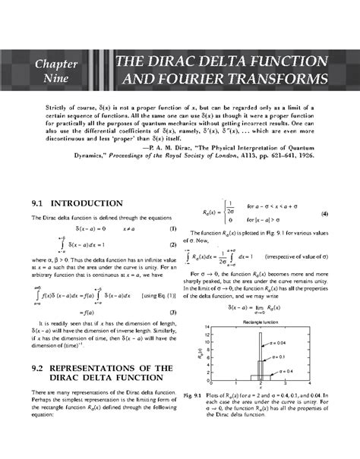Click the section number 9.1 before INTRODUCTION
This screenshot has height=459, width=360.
[39, 204]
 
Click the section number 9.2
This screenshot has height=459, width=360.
[39, 367]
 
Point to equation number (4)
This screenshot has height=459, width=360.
[325, 214]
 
